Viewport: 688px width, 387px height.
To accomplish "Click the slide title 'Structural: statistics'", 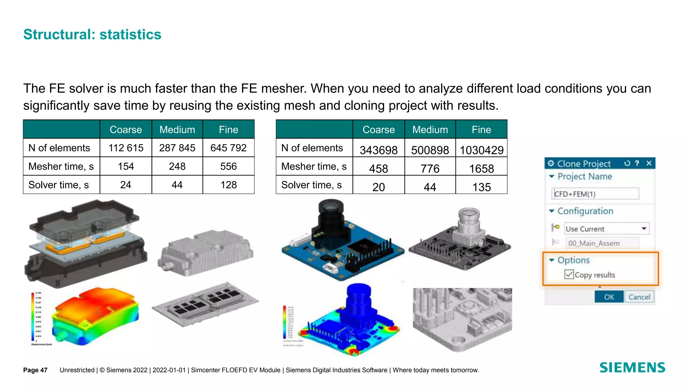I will click(92, 35).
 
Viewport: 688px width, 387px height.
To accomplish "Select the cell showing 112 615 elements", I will click(126, 148).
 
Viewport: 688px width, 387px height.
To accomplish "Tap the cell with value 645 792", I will click(228, 148).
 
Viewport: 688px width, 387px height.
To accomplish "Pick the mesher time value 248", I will click(177, 166).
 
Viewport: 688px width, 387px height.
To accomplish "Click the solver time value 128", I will click(228, 185).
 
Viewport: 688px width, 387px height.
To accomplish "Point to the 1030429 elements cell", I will click(481, 150).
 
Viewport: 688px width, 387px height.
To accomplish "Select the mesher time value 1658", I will click(481, 168).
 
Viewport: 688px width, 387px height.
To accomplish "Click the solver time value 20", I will click(379, 187).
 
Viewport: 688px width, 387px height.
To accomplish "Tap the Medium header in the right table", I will click(430, 130).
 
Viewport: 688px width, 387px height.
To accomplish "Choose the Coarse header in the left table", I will click(126, 130).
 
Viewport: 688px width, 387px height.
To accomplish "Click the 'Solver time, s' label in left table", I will click(58, 185).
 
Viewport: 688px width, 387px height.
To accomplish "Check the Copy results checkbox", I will click(569, 274).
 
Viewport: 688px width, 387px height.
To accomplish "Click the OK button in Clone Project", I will click(609, 297).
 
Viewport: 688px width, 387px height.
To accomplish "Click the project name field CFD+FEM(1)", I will click(595, 194).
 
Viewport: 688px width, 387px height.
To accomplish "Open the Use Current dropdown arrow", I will click(644, 229).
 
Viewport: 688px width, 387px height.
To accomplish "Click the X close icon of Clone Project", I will click(649, 163).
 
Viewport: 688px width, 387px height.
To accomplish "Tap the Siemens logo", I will click(632, 368).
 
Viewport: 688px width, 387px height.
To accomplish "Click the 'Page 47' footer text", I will click(35, 370).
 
